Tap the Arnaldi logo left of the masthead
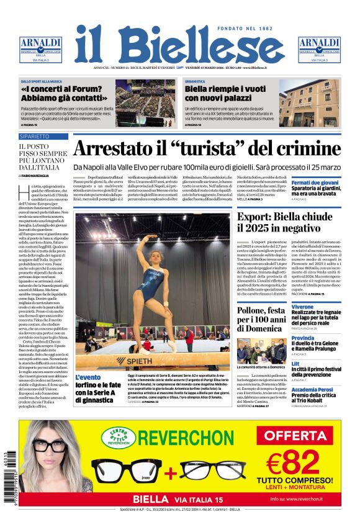point(40,48)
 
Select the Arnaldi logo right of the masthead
point(319,48)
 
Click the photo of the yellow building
point(309,103)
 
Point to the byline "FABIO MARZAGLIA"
point(41,176)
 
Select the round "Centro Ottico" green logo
point(118,436)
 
